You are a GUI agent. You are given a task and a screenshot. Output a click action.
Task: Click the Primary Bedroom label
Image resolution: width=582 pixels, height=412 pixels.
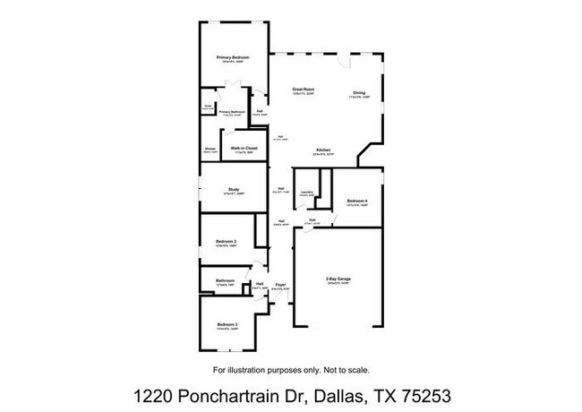pos(233,57)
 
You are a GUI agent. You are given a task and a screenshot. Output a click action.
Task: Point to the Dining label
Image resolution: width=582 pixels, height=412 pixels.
pos(358,93)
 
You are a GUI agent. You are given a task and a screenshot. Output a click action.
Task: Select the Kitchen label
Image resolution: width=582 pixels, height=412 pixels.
pos(323,150)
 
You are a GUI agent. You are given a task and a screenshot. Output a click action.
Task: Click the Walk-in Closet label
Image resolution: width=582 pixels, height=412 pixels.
pos(244,148)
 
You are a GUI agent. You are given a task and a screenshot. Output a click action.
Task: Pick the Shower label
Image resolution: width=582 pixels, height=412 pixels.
pos(210,149)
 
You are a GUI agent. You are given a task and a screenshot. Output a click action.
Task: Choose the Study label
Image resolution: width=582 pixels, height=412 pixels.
pos(233,189)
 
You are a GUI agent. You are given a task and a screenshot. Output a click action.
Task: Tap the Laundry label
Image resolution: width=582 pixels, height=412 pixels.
pos(306,191)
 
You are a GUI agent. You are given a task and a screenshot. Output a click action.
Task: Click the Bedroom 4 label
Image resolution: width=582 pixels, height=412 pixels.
pos(357,201)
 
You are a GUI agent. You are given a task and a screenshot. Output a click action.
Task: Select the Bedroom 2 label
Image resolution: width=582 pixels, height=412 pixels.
pos(227,241)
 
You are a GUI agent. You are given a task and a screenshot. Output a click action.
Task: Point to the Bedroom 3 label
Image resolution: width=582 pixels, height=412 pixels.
pos(227,324)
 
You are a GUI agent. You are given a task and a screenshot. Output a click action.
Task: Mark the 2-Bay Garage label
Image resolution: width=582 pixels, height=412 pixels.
pos(338,280)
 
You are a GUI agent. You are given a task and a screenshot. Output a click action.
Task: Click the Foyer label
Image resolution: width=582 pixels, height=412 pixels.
pos(280,285)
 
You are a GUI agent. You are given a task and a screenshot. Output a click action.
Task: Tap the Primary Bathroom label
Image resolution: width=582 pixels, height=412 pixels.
pos(232,112)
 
